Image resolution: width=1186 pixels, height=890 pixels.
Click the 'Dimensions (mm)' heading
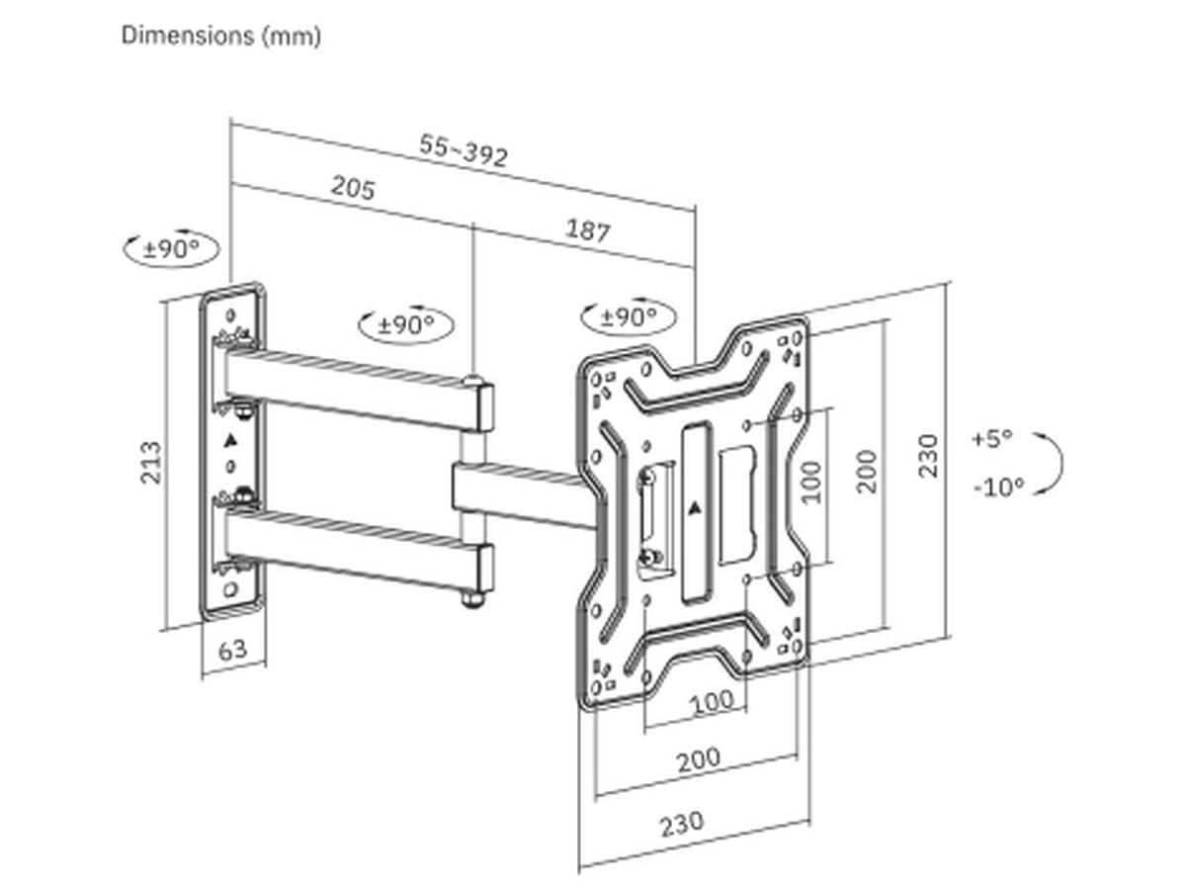click(221, 37)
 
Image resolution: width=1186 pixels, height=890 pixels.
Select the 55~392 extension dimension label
click(464, 151)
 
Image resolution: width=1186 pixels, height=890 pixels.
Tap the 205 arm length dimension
click(353, 188)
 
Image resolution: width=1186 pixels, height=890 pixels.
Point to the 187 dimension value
click(588, 230)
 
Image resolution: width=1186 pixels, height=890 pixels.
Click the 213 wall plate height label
click(151, 463)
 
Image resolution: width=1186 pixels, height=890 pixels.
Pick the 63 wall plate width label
click(233, 650)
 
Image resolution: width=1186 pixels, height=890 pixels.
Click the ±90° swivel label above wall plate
click(172, 249)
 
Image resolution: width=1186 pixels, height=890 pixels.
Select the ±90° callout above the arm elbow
click(406, 324)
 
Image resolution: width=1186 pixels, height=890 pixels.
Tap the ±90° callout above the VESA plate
click(629, 316)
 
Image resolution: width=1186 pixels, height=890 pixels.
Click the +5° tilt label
click(992, 439)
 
